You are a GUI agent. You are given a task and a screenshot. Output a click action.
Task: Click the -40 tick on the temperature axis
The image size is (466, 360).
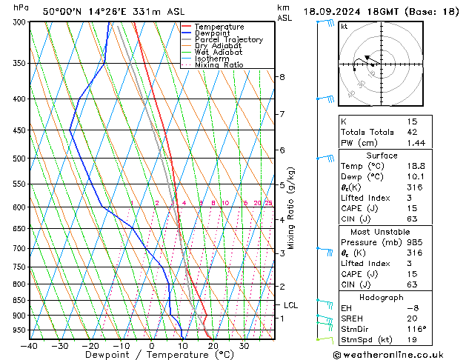coord(29,346)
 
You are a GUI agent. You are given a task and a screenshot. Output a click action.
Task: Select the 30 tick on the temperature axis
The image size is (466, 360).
coord(244,346)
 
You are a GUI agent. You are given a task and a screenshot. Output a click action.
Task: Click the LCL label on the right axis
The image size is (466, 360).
coord(291,305)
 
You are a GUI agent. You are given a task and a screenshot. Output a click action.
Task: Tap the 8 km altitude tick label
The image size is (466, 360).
coord(282,77)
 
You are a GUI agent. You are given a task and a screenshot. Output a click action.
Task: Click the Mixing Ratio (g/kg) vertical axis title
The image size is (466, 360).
coord(292,207)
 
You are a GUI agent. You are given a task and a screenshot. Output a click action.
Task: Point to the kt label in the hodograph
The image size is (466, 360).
coord(344,27)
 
